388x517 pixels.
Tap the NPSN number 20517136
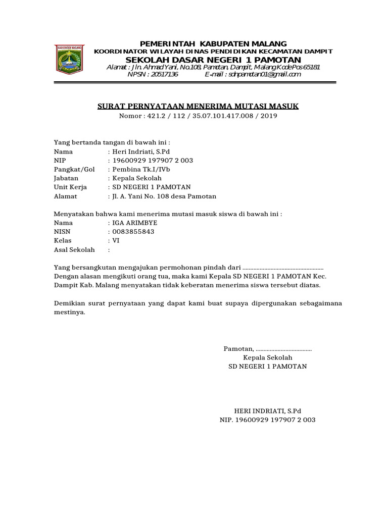[153, 74]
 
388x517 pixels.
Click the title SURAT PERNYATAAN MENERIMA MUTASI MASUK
[198, 106]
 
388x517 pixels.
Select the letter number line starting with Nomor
[198, 116]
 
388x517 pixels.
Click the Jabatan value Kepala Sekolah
[137, 178]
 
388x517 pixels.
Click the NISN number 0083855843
[133, 232]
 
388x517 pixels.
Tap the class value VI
[116, 241]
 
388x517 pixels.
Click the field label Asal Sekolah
[74, 250]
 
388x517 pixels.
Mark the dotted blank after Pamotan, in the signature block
[284, 349]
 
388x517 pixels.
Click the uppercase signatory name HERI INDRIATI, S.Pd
[267, 410]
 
